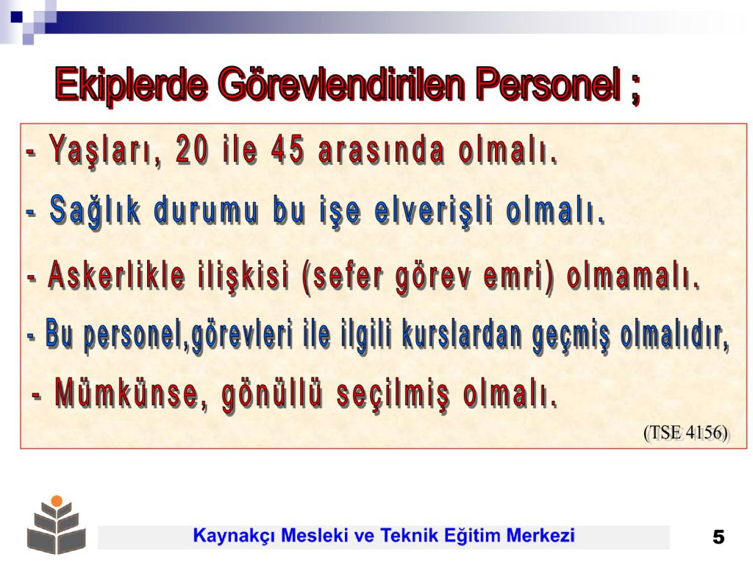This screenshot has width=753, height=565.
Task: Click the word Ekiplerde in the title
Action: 132,85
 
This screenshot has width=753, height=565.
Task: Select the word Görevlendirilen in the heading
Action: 341,85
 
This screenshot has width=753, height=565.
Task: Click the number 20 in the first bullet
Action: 193,149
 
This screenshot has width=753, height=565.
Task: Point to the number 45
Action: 288,149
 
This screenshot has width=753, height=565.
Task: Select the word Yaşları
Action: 106,152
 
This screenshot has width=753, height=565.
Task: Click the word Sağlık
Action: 96,211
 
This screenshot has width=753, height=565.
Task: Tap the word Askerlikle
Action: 117,276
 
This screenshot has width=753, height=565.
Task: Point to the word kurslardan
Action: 462,335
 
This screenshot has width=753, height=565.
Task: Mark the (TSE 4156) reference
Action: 687,433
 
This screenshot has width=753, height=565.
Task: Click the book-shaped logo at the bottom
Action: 56,525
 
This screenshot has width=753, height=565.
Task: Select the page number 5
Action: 719,536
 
